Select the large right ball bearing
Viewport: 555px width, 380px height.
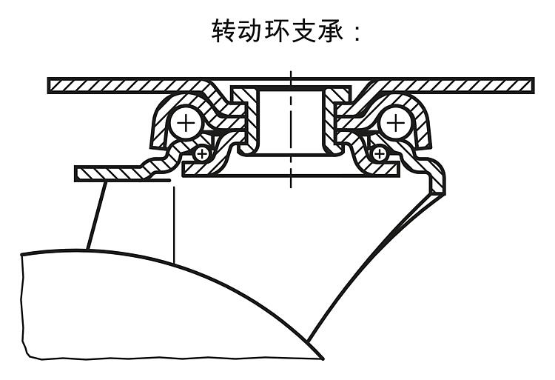click(x=397, y=121)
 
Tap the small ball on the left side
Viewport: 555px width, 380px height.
click(x=201, y=154)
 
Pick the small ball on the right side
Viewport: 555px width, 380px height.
click(x=380, y=154)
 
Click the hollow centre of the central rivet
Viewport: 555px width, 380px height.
click(x=290, y=119)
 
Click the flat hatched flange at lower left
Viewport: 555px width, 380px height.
click(x=111, y=173)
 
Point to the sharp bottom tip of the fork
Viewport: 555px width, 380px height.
click(x=323, y=359)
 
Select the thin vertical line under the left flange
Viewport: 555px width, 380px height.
click(x=174, y=222)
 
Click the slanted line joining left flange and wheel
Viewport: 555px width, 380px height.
click(x=95, y=215)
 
